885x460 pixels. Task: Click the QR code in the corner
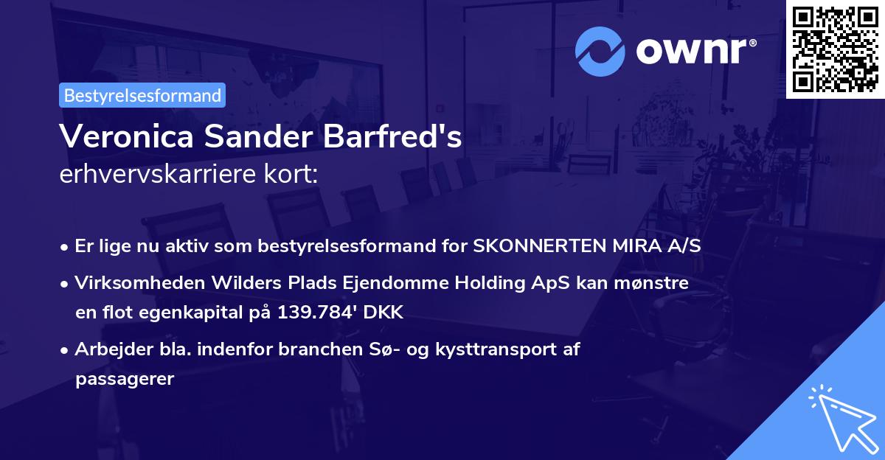pyautogui.click(x=835, y=49)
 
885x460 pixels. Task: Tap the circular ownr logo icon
pyautogui.click(x=600, y=51)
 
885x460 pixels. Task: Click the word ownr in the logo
pyautogui.click(x=695, y=51)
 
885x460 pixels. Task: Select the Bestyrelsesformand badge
pyautogui.click(x=142, y=95)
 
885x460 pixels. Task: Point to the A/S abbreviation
pyautogui.click(x=681, y=246)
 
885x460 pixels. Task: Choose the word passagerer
pyautogui.click(x=124, y=379)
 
